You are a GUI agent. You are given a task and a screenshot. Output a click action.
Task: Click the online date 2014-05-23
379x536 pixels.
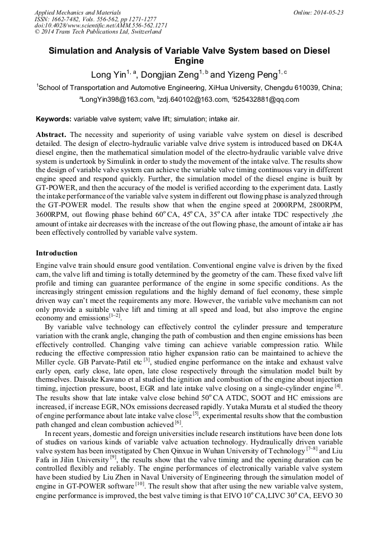coord(329,12)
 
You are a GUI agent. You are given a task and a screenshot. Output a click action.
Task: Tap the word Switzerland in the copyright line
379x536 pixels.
coord(144,32)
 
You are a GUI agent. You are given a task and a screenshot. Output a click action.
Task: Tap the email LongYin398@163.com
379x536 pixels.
coord(117,100)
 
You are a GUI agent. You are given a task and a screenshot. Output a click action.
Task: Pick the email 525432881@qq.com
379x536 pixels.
coord(267,100)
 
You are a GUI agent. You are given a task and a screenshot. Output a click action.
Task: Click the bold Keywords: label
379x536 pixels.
coord(54,119)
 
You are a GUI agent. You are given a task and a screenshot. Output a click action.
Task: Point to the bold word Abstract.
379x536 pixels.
coord(51,135)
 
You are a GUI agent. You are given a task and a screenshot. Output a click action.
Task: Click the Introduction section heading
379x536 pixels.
coord(56,253)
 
